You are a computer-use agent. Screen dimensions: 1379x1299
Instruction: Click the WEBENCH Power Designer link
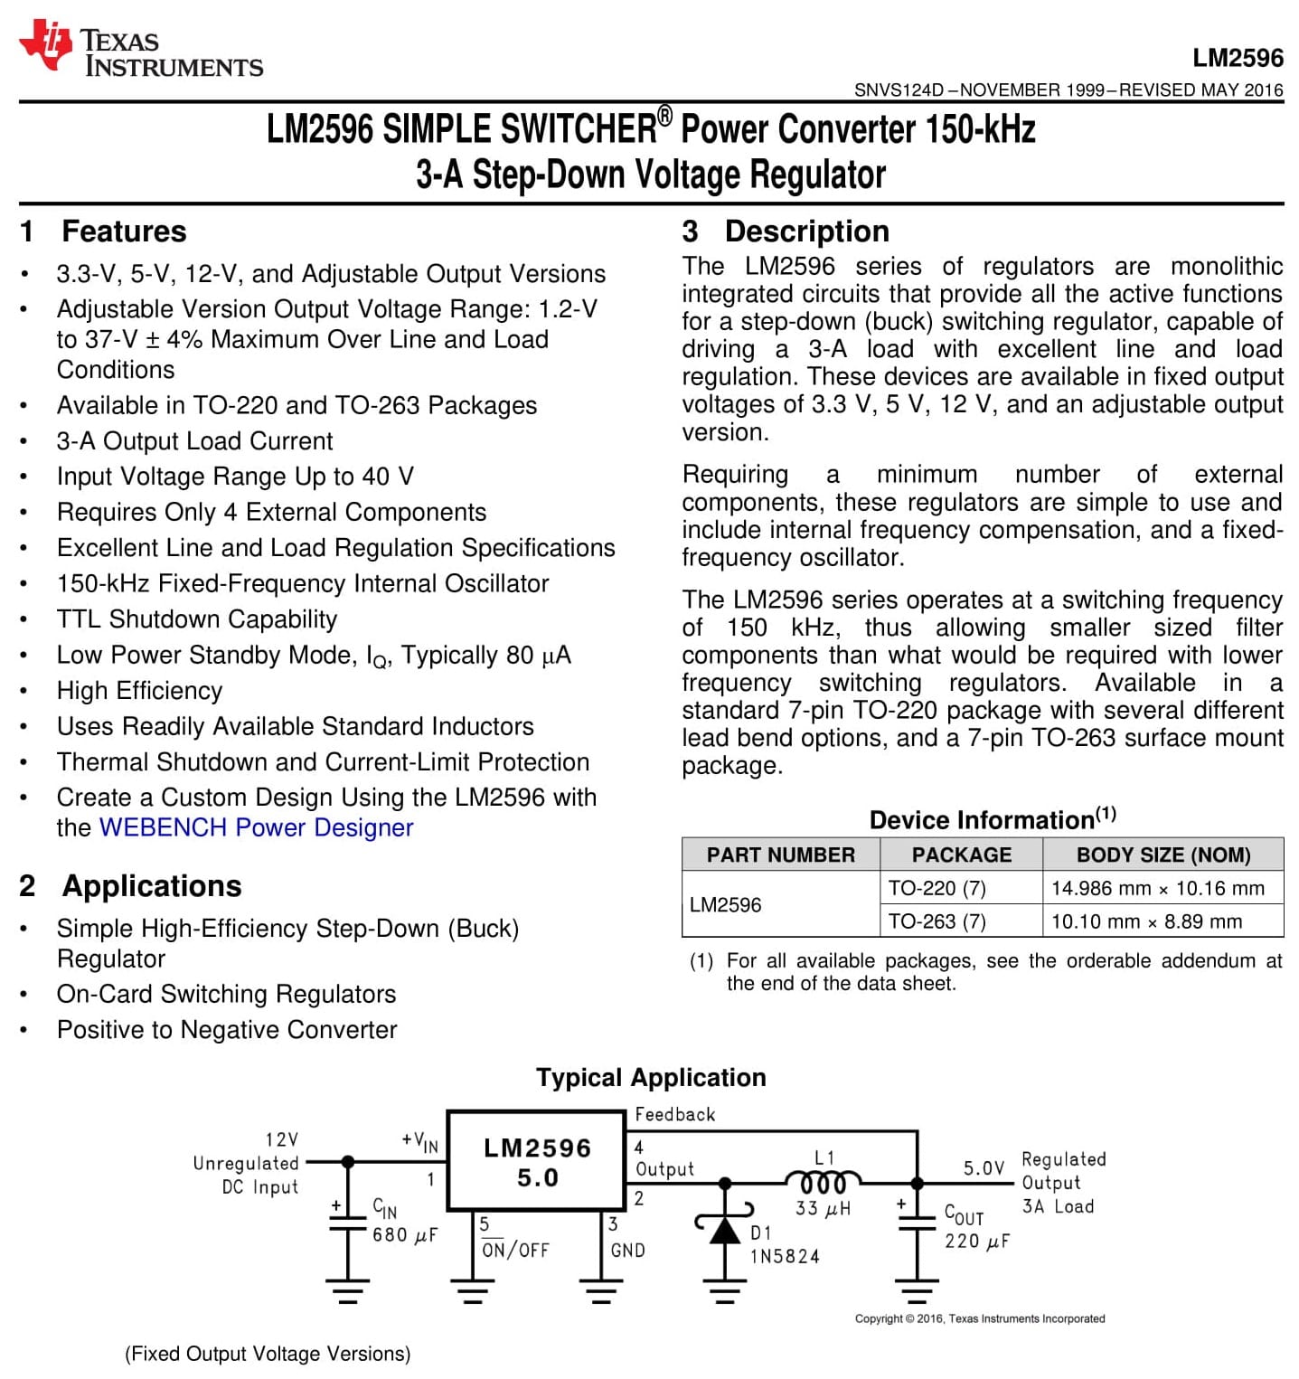256,827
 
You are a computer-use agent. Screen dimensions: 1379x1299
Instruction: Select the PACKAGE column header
961,855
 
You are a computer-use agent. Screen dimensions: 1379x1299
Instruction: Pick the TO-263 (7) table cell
937,921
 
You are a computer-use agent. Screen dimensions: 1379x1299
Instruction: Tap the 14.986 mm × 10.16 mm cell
1157,888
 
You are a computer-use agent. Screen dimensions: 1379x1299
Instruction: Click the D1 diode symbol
724,1230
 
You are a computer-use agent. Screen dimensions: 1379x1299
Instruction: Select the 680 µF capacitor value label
404,1235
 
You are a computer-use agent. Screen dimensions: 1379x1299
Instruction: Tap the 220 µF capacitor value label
976,1242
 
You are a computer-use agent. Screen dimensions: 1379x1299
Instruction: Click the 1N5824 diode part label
785,1256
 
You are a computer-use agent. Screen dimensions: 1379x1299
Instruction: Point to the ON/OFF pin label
515,1251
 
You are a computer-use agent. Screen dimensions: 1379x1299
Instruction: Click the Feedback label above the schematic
674,1115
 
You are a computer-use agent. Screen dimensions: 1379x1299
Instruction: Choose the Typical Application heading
651,1078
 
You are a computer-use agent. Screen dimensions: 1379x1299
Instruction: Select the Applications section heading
151,886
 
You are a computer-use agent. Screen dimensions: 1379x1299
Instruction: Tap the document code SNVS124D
899,90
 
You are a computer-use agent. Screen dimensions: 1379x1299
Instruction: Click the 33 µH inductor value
823,1208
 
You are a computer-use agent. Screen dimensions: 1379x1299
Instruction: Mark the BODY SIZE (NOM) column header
1163,855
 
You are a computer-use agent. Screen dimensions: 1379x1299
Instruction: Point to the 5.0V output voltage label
984,1168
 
